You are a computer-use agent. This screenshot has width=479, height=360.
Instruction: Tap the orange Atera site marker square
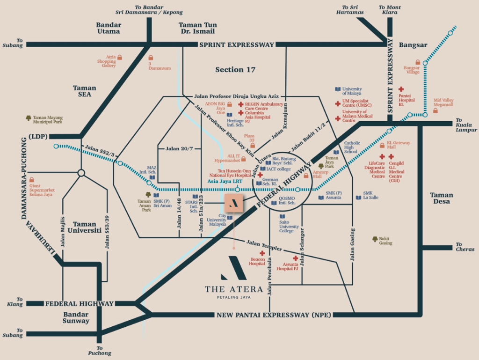pos(233,202)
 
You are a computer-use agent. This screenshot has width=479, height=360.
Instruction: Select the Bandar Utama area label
pos(109,28)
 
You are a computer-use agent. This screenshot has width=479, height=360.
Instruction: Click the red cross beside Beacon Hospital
pos(255,253)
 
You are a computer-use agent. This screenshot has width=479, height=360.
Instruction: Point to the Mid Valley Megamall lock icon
pos(435,110)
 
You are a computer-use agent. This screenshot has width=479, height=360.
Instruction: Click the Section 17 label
pos(235,70)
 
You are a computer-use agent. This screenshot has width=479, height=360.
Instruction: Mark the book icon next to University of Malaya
pos(337,89)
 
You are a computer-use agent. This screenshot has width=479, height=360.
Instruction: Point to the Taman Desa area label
pos(442,198)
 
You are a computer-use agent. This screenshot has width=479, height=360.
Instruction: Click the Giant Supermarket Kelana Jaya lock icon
pos(32,180)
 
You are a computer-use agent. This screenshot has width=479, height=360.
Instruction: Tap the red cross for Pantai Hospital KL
pos(401,89)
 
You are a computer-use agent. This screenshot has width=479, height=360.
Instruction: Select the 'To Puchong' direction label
pos(99,351)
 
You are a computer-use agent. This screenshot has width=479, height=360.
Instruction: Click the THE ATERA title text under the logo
pos(233,289)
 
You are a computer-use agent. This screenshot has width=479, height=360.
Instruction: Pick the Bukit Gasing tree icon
pos(375,239)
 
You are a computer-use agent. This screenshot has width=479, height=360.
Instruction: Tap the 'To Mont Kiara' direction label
pos(388,10)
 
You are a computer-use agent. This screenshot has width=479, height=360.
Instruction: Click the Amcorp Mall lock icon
pos(306,176)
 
